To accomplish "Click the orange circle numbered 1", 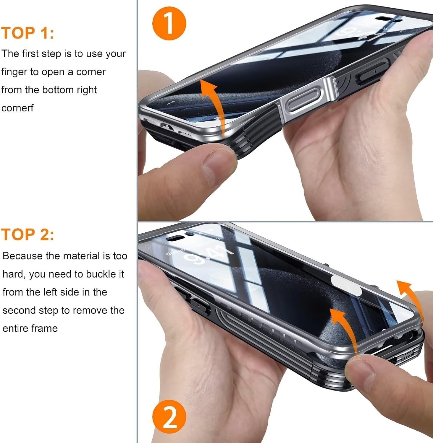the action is point(169,24).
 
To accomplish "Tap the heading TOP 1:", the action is point(28,33).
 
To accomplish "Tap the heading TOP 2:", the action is point(28,234).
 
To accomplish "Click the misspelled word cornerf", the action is point(17,108).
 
